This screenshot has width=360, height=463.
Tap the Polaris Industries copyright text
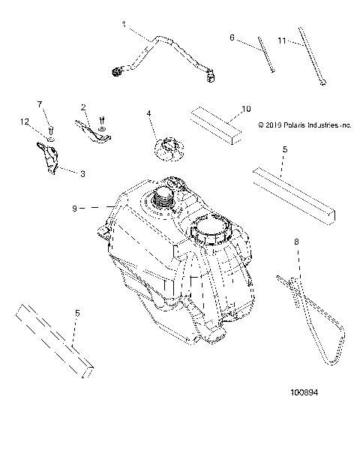304,125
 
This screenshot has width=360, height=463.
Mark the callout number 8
297,242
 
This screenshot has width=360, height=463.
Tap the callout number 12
25,122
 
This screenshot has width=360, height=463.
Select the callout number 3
82,173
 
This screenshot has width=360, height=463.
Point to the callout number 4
149,113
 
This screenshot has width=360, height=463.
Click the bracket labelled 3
50,159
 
